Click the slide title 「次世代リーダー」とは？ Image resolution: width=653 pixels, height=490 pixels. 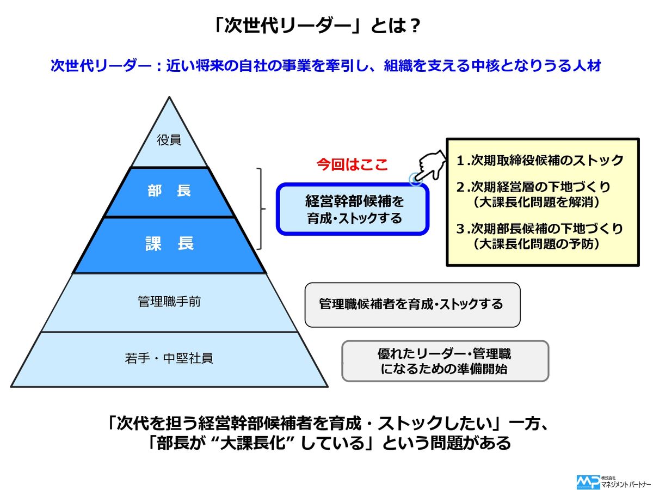click(317, 26)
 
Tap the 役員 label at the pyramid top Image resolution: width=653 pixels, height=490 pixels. click(169, 140)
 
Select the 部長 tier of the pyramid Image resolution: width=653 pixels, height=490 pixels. click(169, 192)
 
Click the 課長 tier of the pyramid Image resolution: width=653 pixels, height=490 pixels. click(169, 244)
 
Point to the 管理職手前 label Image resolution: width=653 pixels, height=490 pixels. click(169, 302)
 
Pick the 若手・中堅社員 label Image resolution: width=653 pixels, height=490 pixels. click(169, 358)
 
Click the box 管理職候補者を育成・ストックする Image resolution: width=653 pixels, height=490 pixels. click(412, 304)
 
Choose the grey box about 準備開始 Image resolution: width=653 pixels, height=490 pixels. click(445, 360)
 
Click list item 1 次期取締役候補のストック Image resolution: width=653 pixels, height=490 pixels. click(540, 161)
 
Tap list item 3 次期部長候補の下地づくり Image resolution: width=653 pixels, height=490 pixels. click(540, 229)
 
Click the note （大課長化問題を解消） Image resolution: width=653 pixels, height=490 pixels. click(537, 202)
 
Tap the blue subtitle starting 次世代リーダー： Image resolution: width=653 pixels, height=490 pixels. click(325, 66)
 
